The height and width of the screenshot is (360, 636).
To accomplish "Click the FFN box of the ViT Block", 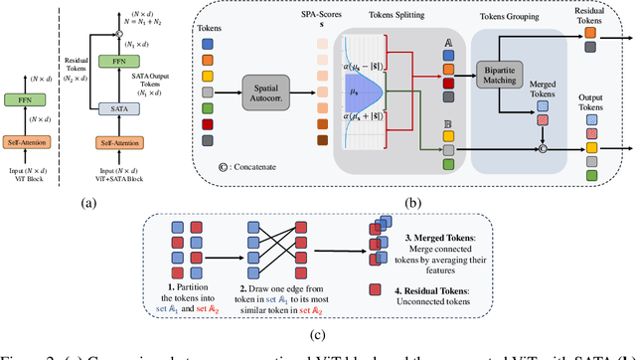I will (x=28, y=99).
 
